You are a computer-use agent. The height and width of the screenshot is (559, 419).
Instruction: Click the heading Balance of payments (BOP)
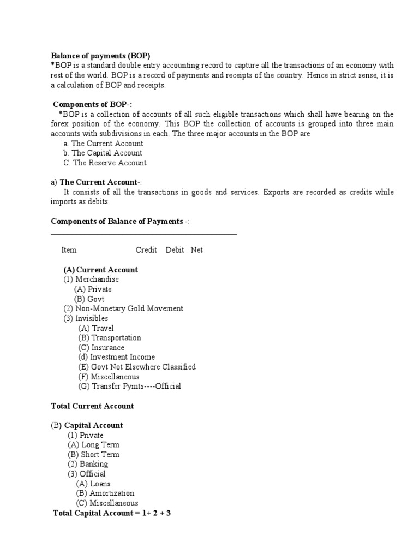click(x=100, y=56)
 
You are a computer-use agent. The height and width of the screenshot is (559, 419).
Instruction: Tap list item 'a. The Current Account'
click(x=103, y=144)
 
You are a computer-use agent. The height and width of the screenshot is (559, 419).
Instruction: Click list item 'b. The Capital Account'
click(x=103, y=153)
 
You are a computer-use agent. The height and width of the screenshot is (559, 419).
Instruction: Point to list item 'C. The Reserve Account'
click(x=105, y=163)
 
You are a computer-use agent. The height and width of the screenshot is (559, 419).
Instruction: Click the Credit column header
click(x=146, y=250)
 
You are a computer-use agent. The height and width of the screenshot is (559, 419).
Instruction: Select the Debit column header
click(x=175, y=250)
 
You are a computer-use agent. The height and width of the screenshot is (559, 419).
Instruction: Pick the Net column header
click(x=197, y=250)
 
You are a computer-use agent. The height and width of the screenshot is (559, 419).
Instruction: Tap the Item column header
click(x=69, y=250)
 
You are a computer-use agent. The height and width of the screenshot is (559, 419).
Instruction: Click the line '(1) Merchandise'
click(x=91, y=279)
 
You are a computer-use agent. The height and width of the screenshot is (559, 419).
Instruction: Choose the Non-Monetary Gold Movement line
click(x=123, y=308)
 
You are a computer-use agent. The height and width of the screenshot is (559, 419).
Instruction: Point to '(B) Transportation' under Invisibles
click(x=110, y=338)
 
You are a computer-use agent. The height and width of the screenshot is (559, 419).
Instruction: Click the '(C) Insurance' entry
click(x=101, y=348)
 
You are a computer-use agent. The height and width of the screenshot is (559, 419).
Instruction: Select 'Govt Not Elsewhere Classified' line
click(x=137, y=367)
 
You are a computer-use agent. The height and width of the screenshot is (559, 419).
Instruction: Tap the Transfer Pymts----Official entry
click(x=130, y=386)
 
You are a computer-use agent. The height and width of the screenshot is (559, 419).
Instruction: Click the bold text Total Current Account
click(x=92, y=406)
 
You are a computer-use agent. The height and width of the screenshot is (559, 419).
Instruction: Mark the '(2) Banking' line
click(x=88, y=465)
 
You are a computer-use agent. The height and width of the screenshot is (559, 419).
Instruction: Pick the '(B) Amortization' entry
click(x=105, y=493)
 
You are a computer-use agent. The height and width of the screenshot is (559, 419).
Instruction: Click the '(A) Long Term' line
click(x=93, y=445)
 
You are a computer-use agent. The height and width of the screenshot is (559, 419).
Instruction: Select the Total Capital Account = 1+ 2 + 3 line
click(x=112, y=514)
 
